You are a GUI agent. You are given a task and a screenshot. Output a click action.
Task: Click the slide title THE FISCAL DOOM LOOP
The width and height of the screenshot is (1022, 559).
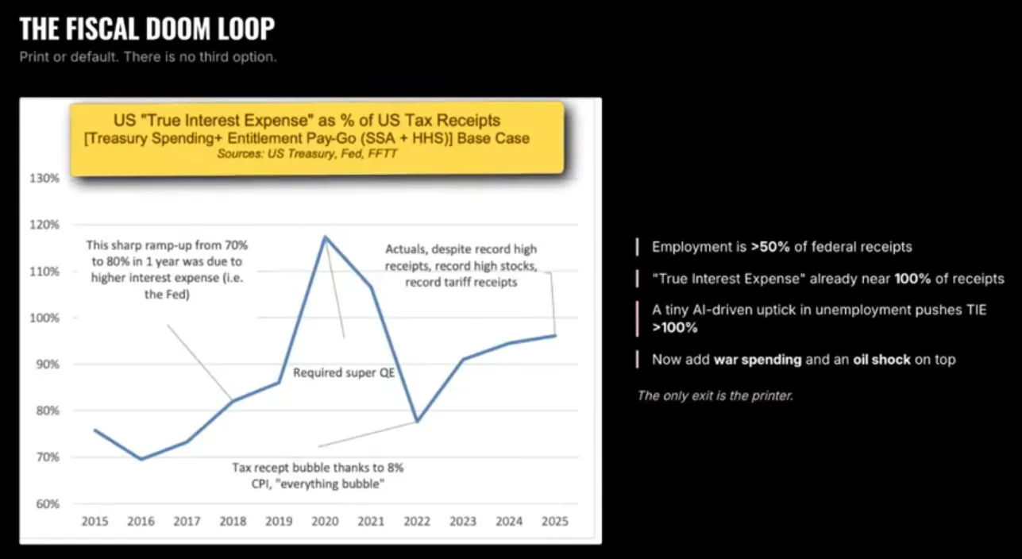pos(147,29)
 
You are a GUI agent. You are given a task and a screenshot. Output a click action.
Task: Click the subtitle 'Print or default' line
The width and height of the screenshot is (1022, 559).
pos(148,57)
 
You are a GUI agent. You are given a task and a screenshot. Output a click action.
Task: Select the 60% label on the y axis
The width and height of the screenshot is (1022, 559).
pos(48,503)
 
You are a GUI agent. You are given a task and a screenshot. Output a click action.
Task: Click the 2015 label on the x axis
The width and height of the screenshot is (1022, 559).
pos(94,522)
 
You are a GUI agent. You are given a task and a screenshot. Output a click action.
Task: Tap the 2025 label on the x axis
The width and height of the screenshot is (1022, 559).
pos(555,522)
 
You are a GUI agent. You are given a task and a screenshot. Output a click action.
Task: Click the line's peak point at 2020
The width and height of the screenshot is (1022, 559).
pos(325,236)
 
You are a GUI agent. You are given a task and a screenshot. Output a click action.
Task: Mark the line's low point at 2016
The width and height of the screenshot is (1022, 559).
pos(141,459)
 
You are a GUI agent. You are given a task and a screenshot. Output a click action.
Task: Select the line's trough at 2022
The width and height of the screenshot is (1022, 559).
pos(417,421)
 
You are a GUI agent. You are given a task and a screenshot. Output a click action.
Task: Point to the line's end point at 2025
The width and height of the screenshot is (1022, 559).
pos(555,335)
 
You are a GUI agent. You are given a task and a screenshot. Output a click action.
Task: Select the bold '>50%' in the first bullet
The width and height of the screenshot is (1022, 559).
pos(767,247)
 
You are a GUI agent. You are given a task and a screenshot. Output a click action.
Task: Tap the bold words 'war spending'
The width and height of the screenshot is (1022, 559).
pos(757,360)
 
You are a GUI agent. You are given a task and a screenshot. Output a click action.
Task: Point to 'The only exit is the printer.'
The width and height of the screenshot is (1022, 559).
pos(715,395)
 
